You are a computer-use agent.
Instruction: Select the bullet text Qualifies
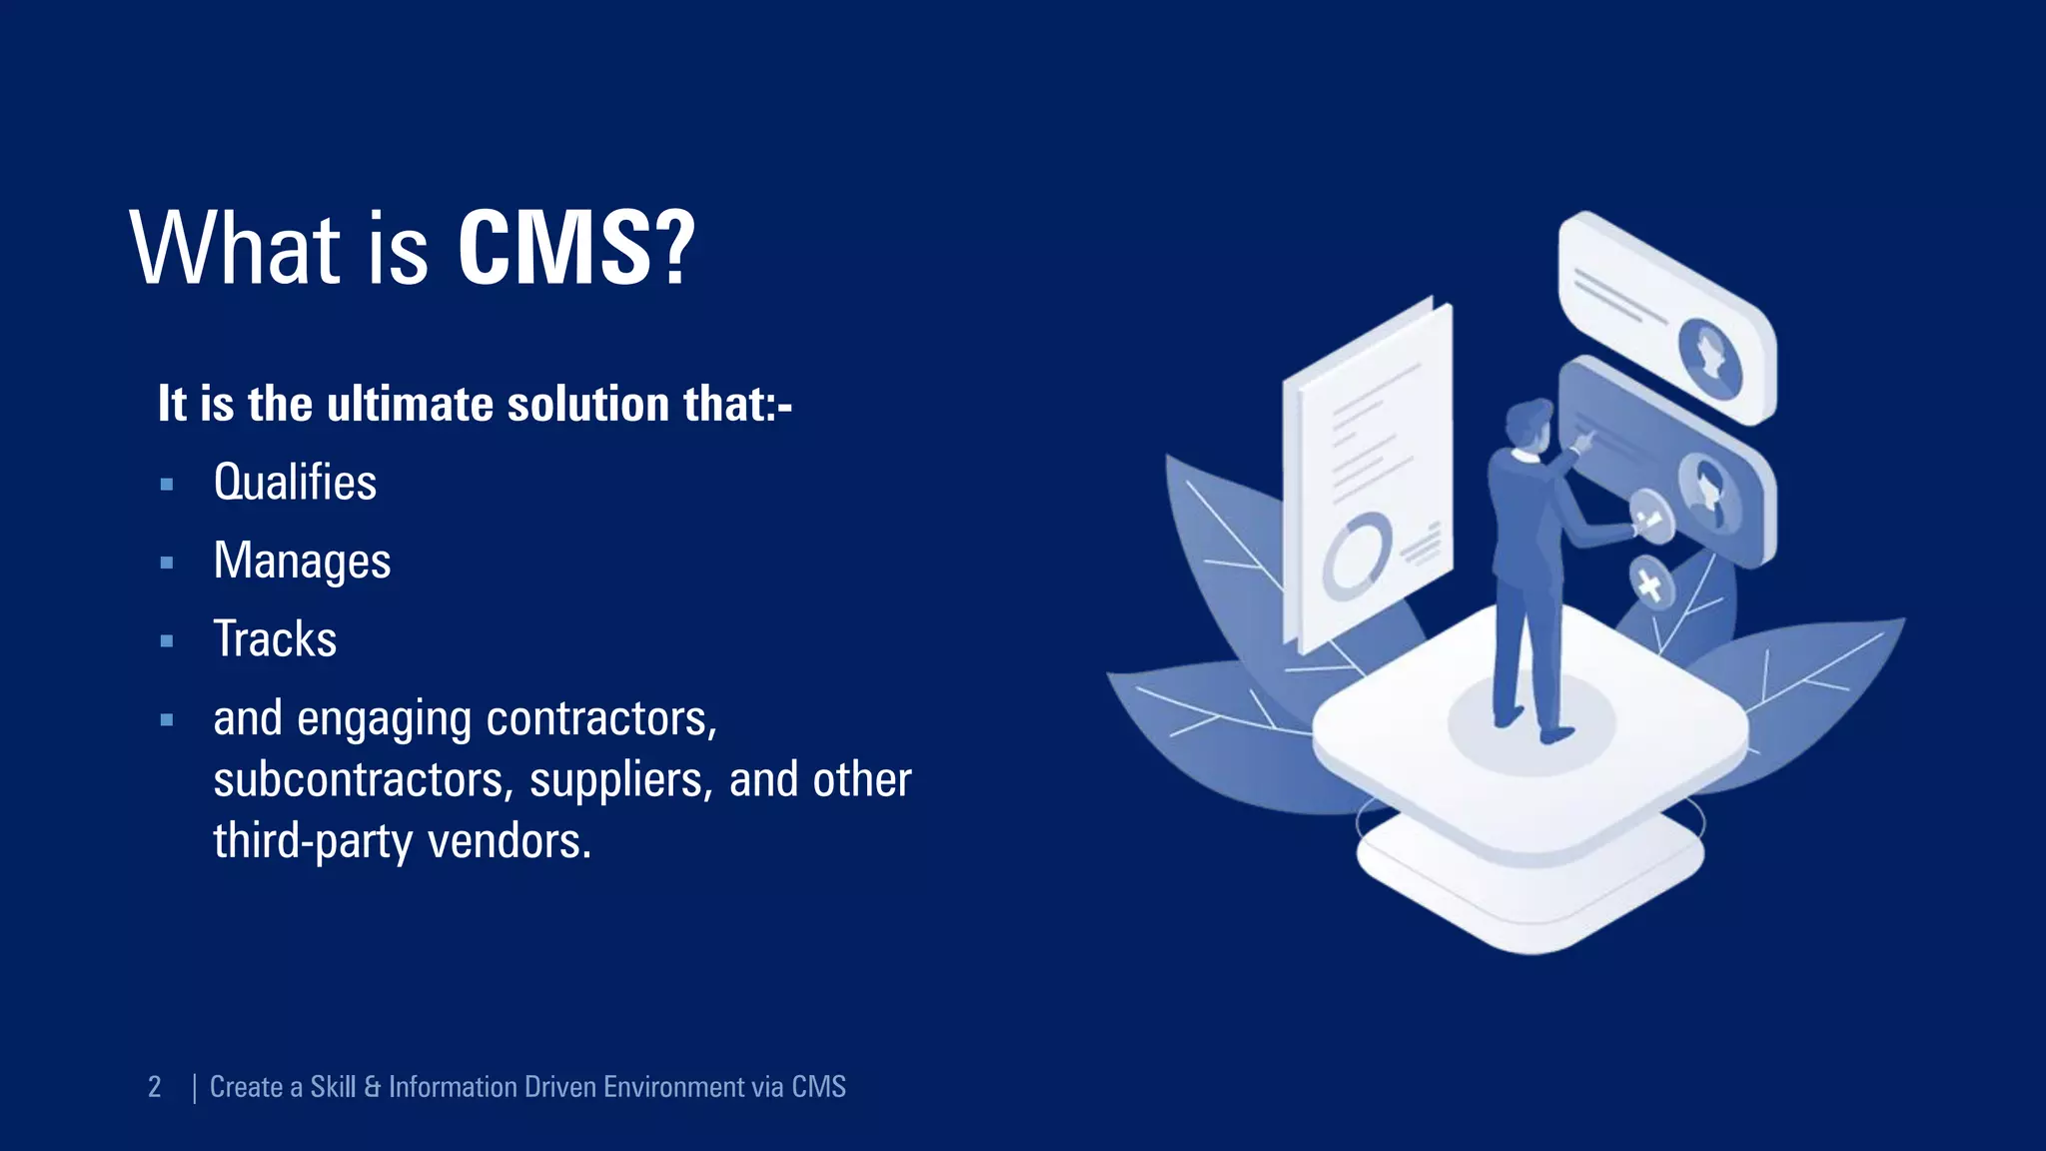click(295, 483)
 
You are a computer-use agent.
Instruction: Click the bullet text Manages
click(302, 561)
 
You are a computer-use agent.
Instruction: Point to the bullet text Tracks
click(275, 639)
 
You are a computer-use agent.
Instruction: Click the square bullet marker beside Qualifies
click(167, 485)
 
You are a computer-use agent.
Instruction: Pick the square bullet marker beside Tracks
click(167, 641)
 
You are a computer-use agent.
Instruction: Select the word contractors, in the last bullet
click(601, 718)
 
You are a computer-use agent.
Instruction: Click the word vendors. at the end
click(510, 841)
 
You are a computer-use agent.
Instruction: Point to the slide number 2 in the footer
click(155, 1087)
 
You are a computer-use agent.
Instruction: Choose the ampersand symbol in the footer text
click(373, 1087)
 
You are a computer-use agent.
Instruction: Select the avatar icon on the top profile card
click(1710, 354)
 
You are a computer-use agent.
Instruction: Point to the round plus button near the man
click(1649, 582)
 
